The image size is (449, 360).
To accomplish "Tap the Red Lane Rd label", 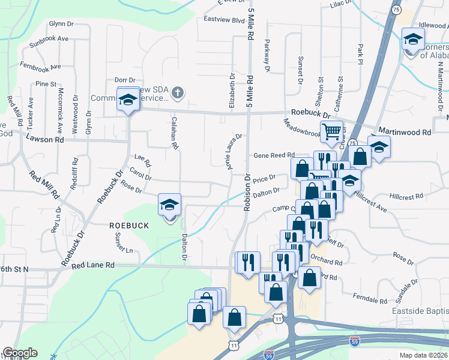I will [92, 265].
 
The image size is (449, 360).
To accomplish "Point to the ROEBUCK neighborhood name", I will [128, 225].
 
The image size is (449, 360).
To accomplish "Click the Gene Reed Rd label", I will [274, 155].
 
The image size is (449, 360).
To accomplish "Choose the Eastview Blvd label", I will [224, 20].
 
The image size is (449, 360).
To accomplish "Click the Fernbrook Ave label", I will [40, 65].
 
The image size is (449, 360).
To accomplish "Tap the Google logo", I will [20, 353].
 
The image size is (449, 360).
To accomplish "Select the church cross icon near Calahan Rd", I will [177, 93].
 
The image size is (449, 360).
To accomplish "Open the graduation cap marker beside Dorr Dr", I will [128, 101].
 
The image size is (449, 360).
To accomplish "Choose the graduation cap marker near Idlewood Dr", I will [412, 41].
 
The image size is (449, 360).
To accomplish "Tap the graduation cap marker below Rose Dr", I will [169, 206].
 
